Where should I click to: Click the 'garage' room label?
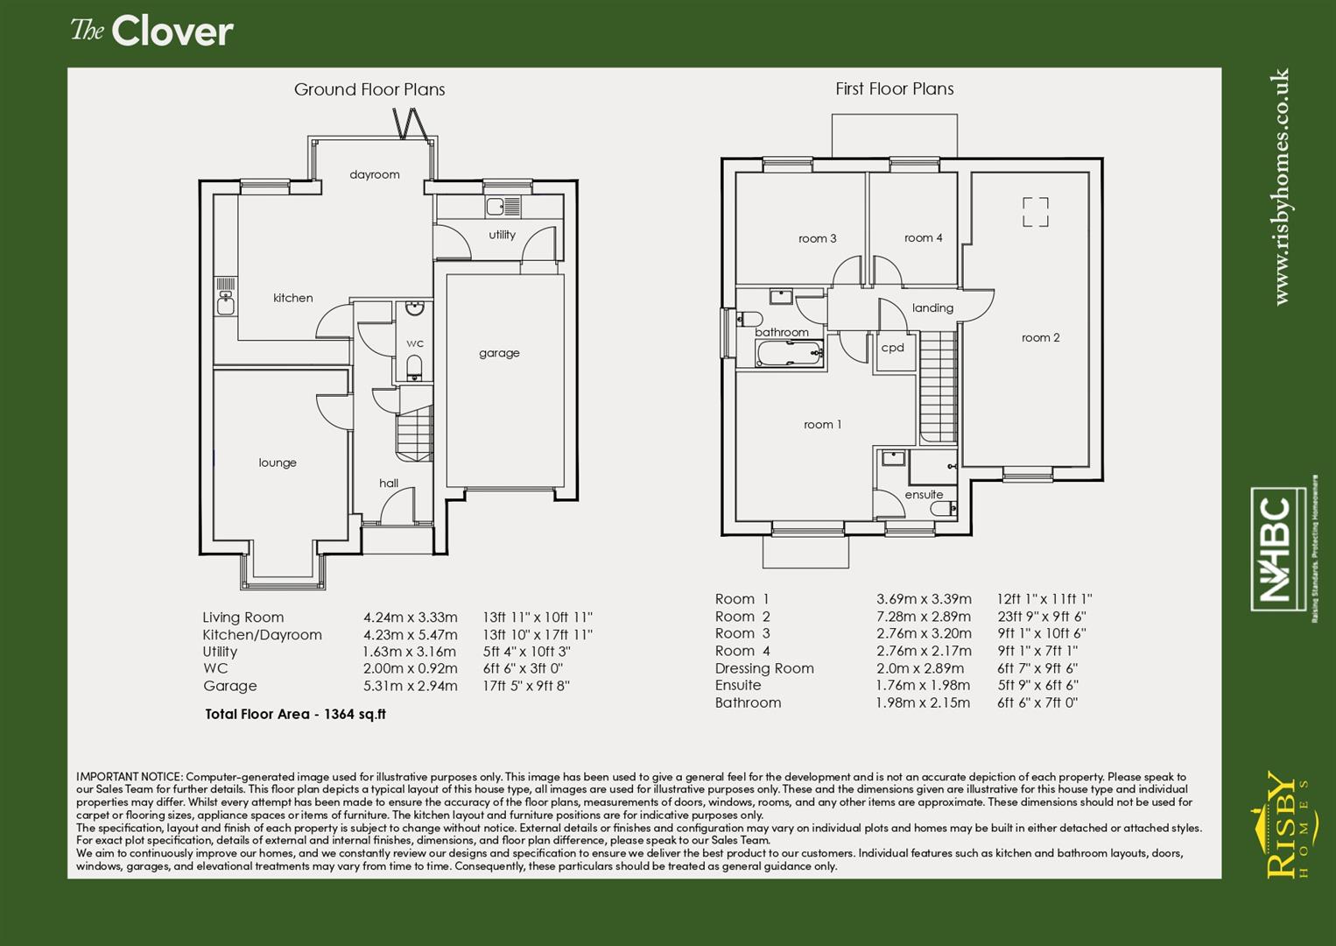(499, 353)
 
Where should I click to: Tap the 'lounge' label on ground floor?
(278, 462)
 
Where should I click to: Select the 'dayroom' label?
(375, 174)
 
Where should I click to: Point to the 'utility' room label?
(502, 235)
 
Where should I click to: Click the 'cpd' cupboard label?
(892, 348)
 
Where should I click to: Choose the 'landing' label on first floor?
(932, 307)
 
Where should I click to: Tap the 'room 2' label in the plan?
(1040, 337)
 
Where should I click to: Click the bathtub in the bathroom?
(789, 354)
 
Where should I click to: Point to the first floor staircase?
(939, 385)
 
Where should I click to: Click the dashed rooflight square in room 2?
(1036, 212)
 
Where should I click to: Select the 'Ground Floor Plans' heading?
(369, 89)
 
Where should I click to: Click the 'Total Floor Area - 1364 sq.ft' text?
(295, 714)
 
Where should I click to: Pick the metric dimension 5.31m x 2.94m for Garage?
(410, 686)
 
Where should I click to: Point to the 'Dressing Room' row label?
(764, 668)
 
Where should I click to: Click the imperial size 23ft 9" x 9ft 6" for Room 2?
(1041, 617)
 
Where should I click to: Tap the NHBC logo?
(1280, 550)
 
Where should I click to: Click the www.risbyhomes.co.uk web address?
(1281, 187)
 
